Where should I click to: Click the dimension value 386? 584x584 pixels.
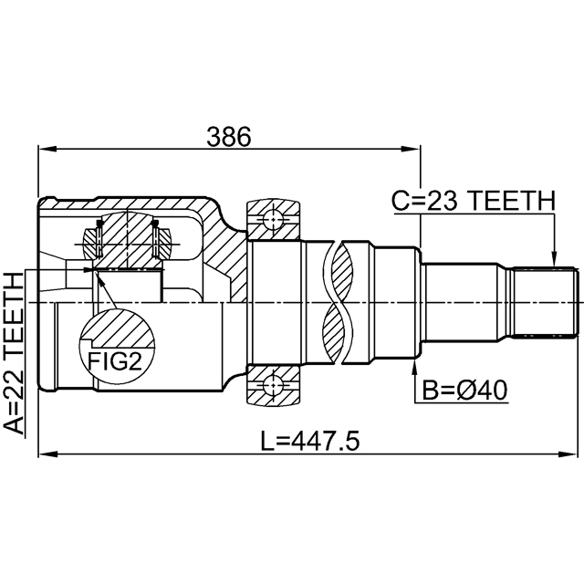pos(228,136)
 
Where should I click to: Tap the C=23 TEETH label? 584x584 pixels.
pos(473,200)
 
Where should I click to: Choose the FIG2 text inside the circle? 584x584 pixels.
pos(115,360)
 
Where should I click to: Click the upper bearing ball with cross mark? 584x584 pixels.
pos(272,219)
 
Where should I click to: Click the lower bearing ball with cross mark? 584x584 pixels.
pos(272,388)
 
